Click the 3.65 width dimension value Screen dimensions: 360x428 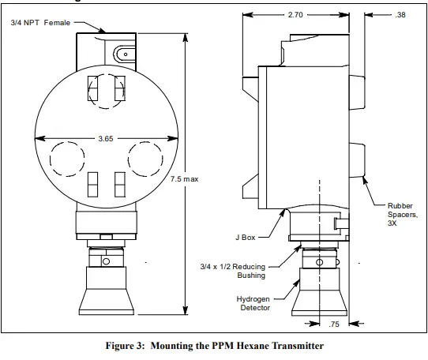pyautogui.click(x=104, y=137)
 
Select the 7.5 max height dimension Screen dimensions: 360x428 pyautogui.click(x=184, y=178)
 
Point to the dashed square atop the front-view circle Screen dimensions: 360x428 pyautogui.click(x=105, y=92)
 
